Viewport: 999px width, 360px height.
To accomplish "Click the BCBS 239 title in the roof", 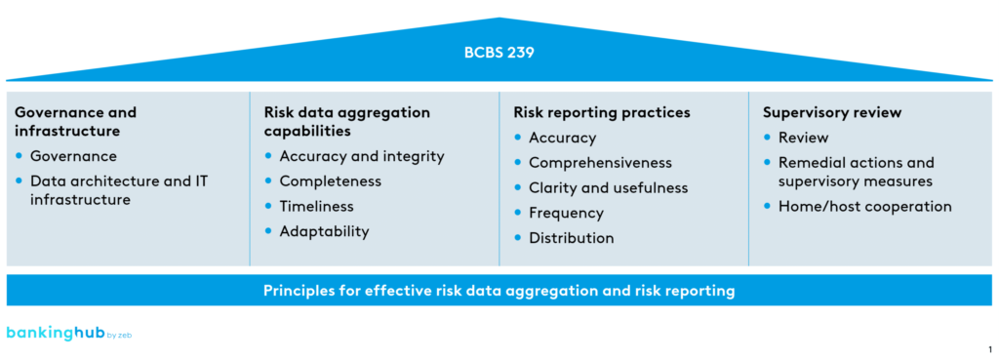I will click(x=499, y=54).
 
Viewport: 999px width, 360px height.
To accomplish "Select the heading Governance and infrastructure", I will click(x=75, y=121).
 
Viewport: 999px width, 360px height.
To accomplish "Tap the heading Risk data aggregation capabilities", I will click(x=346, y=121).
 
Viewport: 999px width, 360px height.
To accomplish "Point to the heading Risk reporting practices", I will click(x=601, y=112).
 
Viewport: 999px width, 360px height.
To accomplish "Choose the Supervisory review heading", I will click(x=831, y=112).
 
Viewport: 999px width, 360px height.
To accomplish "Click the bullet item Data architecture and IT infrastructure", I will click(x=118, y=190).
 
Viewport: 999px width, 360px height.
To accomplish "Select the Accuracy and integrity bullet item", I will click(x=361, y=156).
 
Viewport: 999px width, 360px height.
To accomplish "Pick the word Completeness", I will click(x=330, y=181).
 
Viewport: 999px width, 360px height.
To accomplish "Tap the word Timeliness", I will click(x=316, y=207).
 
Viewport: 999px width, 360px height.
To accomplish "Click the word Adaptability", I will click(x=324, y=231).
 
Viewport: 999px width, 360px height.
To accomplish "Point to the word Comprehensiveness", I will click(x=600, y=163).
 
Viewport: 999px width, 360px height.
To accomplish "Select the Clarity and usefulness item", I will click(x=608, y=187).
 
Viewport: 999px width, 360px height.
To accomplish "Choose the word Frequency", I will click(x=566, y=213).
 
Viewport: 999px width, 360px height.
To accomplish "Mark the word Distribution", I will click(x=571, y=238).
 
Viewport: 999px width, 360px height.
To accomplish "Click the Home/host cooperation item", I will click(x=864, y=206).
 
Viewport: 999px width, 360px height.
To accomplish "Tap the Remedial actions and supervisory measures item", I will click(x=856, y=172).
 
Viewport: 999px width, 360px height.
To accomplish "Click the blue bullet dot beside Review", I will click(x=768, y=138).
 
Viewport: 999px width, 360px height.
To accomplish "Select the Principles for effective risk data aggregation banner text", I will click(x=499, y=291).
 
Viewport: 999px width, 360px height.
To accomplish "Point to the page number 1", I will click(x=989, y=348).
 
